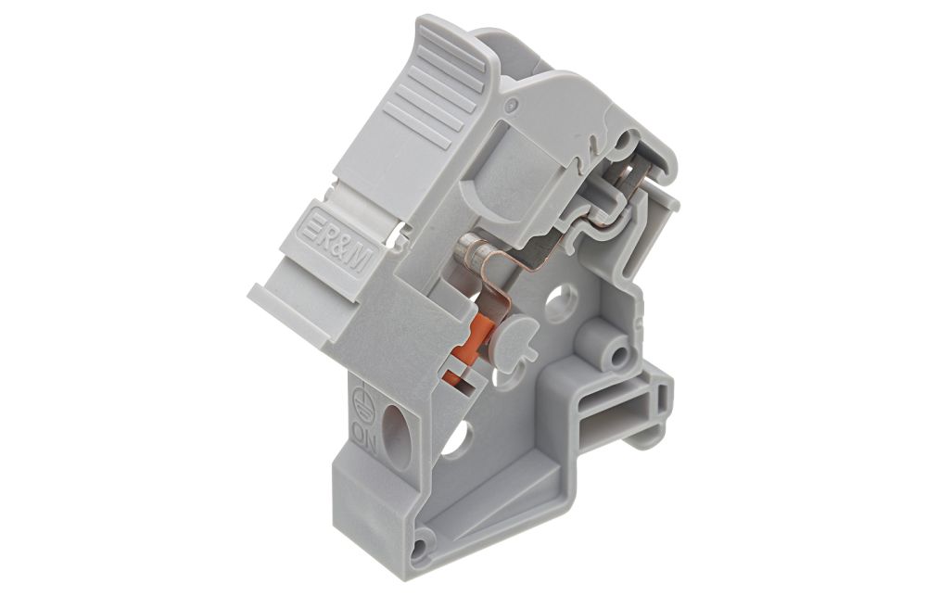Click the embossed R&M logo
[336, 240]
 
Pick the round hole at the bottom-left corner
[420, 548]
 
